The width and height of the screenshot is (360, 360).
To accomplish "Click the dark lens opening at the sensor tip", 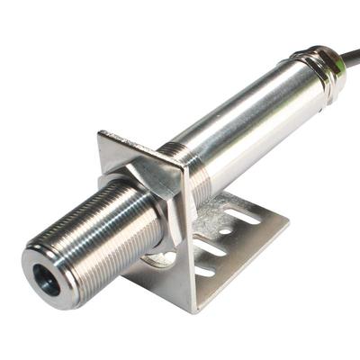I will click(x=46, y=281).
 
